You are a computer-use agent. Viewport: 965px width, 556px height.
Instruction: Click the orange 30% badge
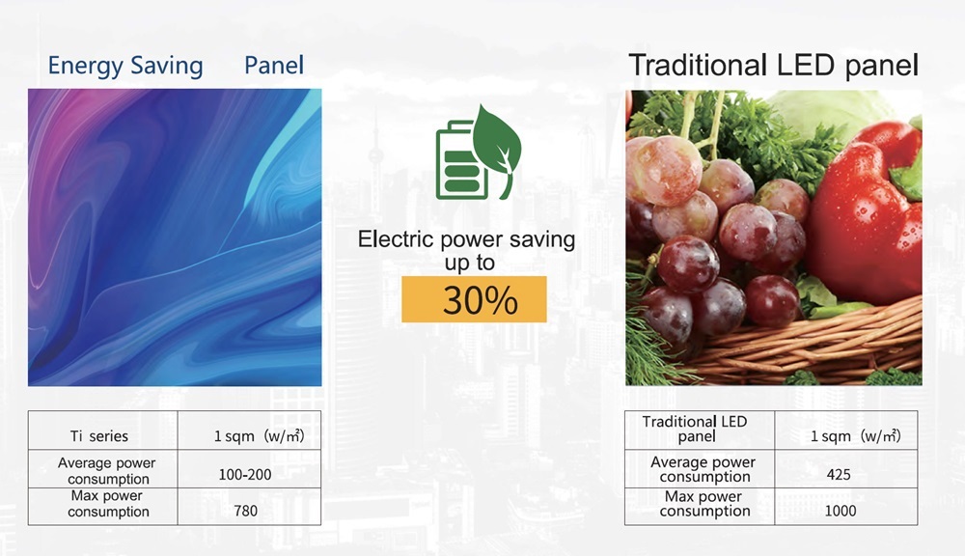[474, 299]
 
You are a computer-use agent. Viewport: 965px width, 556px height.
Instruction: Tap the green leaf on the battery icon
[497, 146]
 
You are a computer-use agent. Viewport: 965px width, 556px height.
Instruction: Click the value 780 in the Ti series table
[245, 511]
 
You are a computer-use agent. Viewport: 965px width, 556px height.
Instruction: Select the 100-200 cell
[245, 474]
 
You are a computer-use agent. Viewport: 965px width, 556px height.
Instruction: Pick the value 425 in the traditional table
[839, 474]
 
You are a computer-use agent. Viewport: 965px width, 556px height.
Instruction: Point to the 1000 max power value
[841, 511]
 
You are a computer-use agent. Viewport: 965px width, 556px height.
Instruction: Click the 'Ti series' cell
[99, 436]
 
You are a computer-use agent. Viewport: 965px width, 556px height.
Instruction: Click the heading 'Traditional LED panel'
[774, 66]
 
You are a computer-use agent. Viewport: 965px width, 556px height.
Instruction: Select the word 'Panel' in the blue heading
[274, 66]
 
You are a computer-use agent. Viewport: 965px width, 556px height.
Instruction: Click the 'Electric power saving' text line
[466, 238]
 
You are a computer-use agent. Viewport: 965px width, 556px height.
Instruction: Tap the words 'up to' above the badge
[470, 263]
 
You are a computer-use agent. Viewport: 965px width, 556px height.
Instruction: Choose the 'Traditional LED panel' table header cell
[695, 429]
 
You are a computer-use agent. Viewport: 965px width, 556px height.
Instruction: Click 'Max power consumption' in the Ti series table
[107, 504]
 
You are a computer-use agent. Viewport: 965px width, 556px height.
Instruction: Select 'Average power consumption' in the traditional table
[703, 469]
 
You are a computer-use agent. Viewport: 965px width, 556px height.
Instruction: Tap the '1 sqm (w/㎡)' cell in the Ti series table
[259, 436]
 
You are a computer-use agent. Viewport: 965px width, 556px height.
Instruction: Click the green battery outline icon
[460, 160]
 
